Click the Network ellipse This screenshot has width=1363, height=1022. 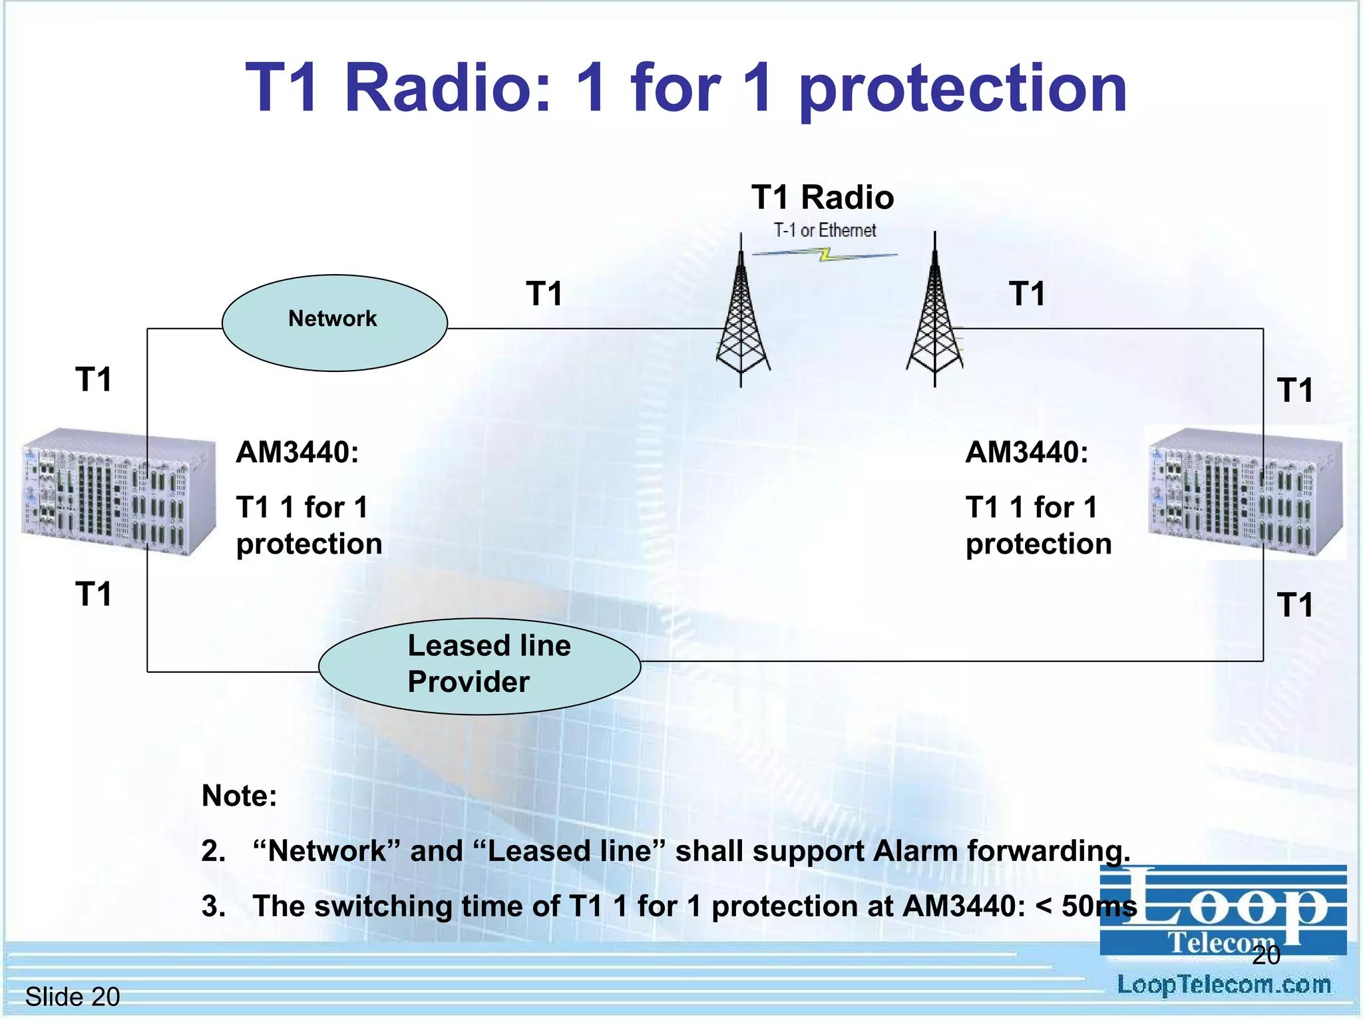pyautogui.click(x=334, y=323)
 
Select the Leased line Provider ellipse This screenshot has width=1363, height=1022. pyautogui.click(x=479, y=666)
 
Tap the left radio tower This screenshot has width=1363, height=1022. pyautogui.click(x=742, y=319)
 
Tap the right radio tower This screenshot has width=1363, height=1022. pyautogui.click(x=934, y=319)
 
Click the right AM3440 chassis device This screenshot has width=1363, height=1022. pyautogui.click(x=1245, y=492)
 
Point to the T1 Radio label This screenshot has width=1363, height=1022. pyautogui.click(x=823, y=198)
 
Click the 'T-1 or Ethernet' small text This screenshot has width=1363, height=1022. pyautogui.click(x=825, y=230)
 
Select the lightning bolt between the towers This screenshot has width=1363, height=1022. pyautogui.click(x=825, y=254)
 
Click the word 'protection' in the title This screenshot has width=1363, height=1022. pyautogui.click(x=962, y=88)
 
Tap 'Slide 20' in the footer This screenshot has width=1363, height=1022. pyautogui.click(x=72, y=997)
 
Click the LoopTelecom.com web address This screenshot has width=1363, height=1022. pyautogui.click(x=1223, y=985)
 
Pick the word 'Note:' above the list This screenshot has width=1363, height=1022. pyautogui.click(x=240, y=796)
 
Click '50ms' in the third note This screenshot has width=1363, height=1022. pyautogui.click(x=1099, y=906)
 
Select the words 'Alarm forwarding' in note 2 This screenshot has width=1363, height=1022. pyautogui.click(x=1002, y=851)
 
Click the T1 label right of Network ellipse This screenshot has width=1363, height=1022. pyautogui.click(x=544, y=293)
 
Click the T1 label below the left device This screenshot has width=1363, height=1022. pyautogui.click(x=93, y=594)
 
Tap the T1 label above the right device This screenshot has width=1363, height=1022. pyautogui.click(x=1294, y=391)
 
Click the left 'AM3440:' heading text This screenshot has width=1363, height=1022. pyautogui.click(x=297, y=452)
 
